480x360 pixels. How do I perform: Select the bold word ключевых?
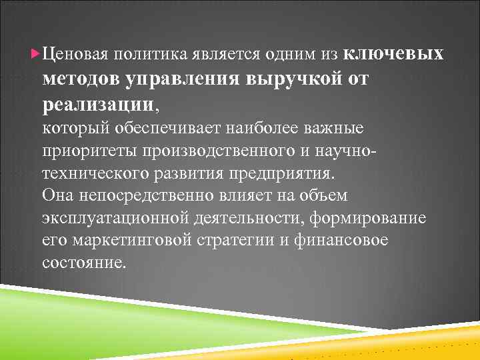[395, 52]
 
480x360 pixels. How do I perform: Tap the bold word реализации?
[97, 103]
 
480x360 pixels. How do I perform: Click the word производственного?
[211, 151]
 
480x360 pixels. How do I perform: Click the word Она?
[57, 196]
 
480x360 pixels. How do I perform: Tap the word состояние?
[83, 263]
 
